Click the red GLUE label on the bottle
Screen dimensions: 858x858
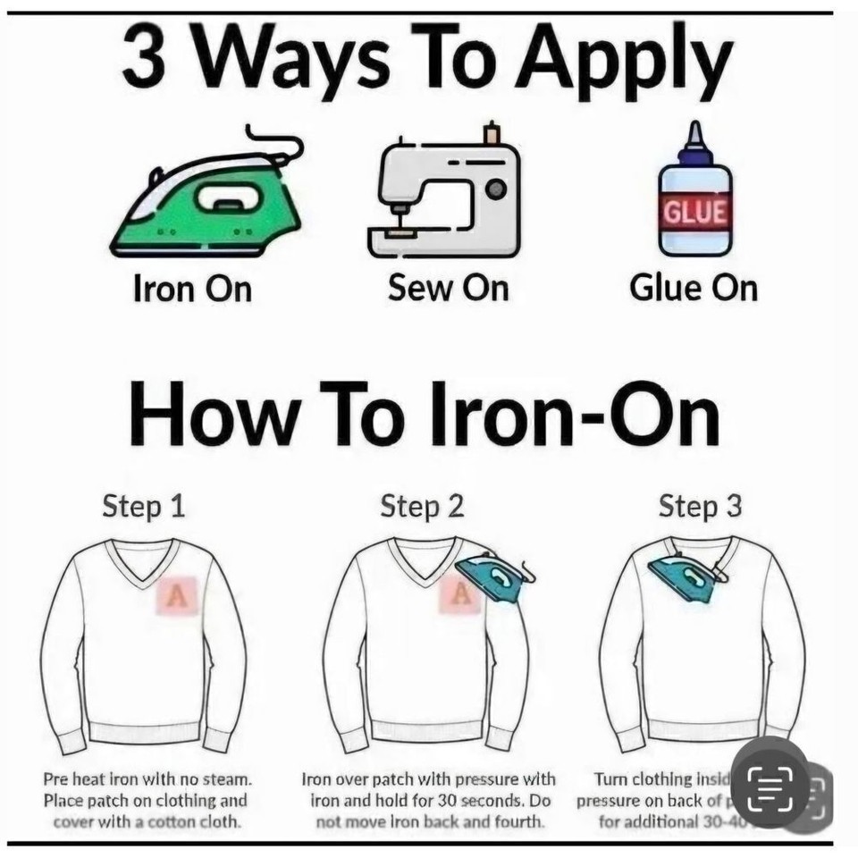(695, 212)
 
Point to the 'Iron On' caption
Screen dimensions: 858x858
(192, 289)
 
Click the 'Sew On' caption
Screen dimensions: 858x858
(448, 288)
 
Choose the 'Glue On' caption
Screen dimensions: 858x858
(693, 288)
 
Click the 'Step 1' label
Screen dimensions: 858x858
(143, 506)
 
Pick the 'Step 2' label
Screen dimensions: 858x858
(422, 506)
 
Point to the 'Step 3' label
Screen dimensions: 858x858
(700, 506)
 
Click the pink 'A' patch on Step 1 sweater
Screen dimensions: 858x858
(177, 595)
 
